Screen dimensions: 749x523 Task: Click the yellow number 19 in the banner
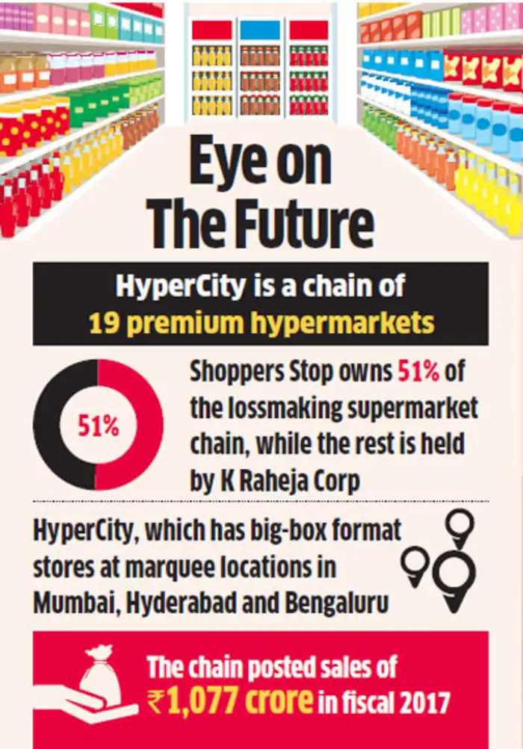(x=102, y=323)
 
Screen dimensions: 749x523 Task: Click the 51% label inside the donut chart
(x=99, y=426)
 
